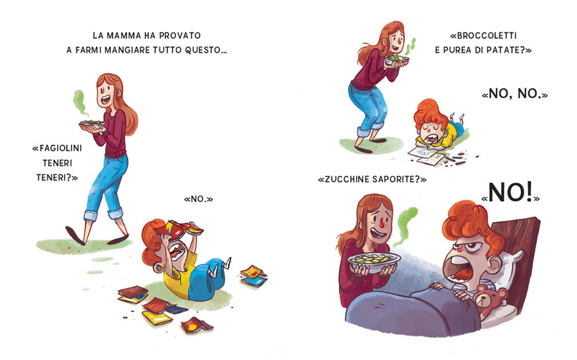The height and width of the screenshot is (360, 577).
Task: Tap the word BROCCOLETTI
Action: (x=487, y=36)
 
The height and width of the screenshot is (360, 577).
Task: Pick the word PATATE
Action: (x=504, y=50)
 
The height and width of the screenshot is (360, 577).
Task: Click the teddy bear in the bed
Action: (x=490, y=298)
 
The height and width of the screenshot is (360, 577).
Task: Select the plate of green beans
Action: (x=92, y=124)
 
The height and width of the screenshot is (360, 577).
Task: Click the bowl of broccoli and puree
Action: (x=397, y=59)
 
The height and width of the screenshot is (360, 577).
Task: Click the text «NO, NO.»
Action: (x=515, y=94)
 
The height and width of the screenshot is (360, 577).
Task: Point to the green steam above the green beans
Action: (x=79, y=101)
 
